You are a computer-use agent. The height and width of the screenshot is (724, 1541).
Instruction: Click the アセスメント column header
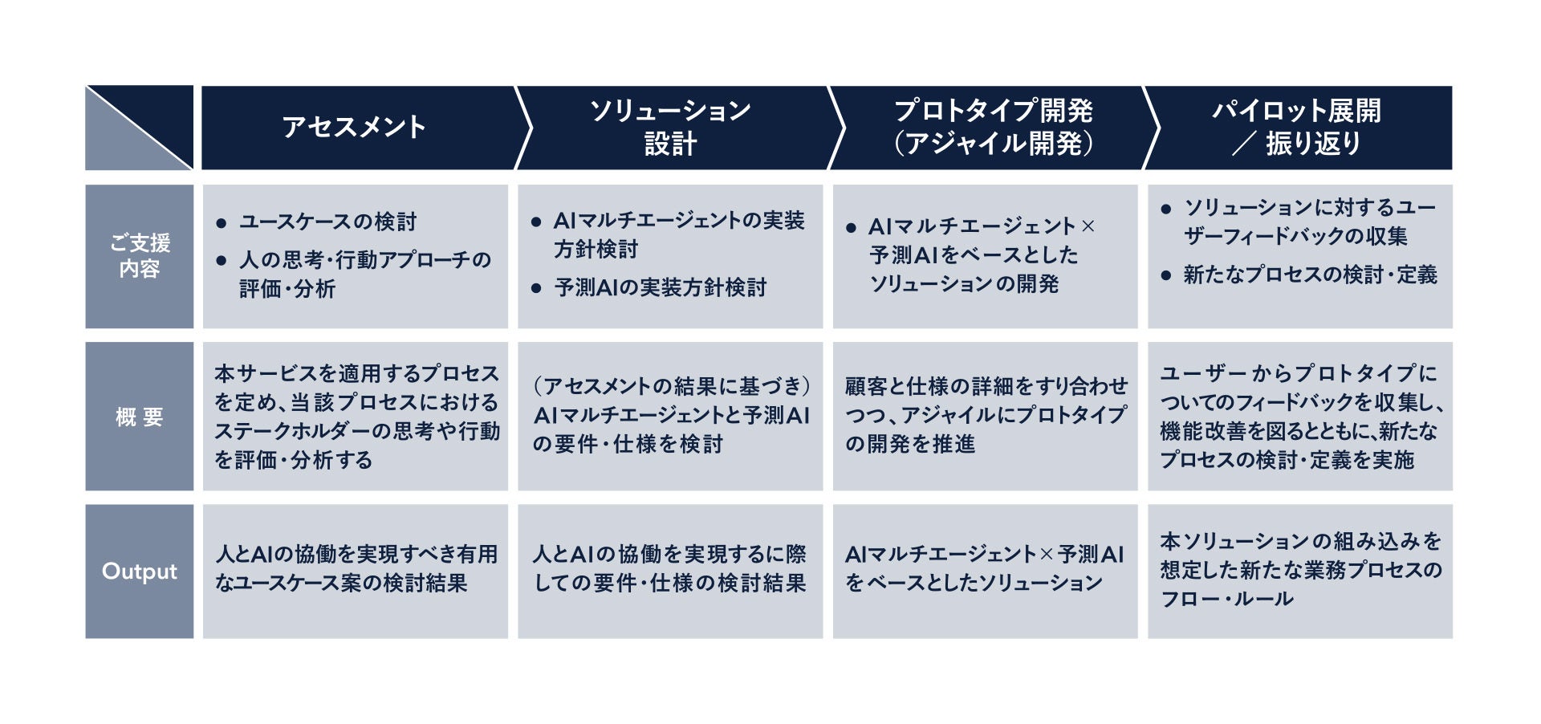pos(354,127)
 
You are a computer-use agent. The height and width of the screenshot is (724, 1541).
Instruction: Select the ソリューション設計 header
pos(670,127)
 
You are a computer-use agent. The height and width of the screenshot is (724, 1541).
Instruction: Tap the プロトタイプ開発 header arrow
pos(993,127)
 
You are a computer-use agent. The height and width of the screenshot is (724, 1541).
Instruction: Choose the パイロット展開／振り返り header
pos(1296,127)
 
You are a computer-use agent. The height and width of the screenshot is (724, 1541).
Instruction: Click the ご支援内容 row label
pos(139,256)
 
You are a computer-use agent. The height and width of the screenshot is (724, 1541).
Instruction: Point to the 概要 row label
pos(139,417)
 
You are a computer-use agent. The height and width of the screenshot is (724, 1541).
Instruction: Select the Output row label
pos(139,571)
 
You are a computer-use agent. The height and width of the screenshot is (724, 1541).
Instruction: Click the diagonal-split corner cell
pos(139,127)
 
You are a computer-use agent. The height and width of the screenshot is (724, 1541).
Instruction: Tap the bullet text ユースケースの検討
pos(327,222)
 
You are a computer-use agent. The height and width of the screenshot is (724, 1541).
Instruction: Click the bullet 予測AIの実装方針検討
pos(660,287)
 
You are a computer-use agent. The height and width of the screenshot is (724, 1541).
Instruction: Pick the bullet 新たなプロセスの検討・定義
pos(1310,275)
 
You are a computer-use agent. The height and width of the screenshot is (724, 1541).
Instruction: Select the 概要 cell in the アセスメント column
pos(356,417)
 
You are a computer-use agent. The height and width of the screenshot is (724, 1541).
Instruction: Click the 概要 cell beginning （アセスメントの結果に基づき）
pos(670,415)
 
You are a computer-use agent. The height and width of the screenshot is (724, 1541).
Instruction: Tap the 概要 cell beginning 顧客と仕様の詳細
pos(985,415)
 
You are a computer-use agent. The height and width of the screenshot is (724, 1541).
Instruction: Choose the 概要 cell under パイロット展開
pos(1299,417)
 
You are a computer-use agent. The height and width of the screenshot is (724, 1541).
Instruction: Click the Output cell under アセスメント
pos(356,569)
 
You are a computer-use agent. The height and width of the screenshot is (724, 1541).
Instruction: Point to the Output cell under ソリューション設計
pos(670,569)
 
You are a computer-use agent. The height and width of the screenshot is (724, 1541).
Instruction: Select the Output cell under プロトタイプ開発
pos(985,569)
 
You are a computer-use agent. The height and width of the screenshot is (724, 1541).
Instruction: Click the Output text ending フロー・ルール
pos(1299,570)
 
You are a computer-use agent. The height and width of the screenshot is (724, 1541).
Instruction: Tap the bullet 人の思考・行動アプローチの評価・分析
pos(364,274)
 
